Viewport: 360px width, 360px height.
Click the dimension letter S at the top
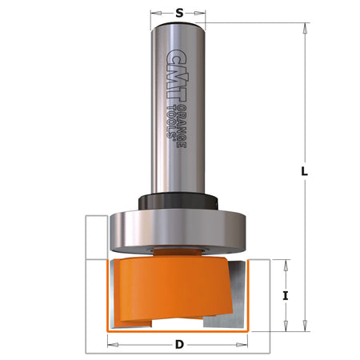pyautogui.click(x=178, y=13)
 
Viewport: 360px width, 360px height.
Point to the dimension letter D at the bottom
pyautogui.click(x=179, y=346)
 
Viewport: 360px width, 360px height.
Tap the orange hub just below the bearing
pyautogui.click(x=178, y=252)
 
